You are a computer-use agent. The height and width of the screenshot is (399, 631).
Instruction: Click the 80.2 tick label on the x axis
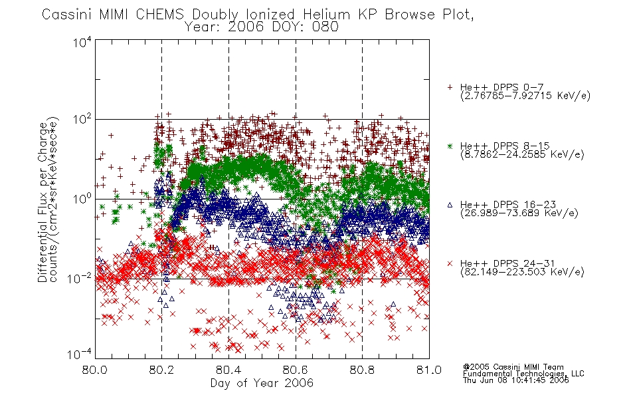162,370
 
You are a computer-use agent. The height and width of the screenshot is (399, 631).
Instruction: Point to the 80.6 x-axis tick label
296,370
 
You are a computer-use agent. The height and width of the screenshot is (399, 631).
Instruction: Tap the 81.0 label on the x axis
429,370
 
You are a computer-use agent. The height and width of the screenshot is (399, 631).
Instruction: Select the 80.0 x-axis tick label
95,370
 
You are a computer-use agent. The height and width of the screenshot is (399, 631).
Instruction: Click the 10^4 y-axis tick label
82,41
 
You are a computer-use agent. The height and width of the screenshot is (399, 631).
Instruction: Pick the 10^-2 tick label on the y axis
80,278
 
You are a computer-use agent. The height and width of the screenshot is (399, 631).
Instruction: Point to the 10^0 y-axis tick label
82,198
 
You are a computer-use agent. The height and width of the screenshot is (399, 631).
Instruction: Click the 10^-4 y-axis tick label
80,354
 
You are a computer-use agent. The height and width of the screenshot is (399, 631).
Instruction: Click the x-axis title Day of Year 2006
262,383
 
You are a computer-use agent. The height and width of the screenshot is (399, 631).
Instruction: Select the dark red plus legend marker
450,86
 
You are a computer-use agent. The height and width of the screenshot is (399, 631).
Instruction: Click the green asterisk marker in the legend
450,146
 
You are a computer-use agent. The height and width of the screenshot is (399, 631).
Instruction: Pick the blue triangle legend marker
450,205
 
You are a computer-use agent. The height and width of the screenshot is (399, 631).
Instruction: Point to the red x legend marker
450,263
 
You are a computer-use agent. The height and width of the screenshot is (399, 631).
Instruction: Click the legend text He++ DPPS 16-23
508,205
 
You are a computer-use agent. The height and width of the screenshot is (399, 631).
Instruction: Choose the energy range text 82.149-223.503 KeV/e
522,272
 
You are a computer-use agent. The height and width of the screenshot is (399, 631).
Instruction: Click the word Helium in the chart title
326,14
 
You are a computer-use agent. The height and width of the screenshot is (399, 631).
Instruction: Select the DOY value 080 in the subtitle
327,27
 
